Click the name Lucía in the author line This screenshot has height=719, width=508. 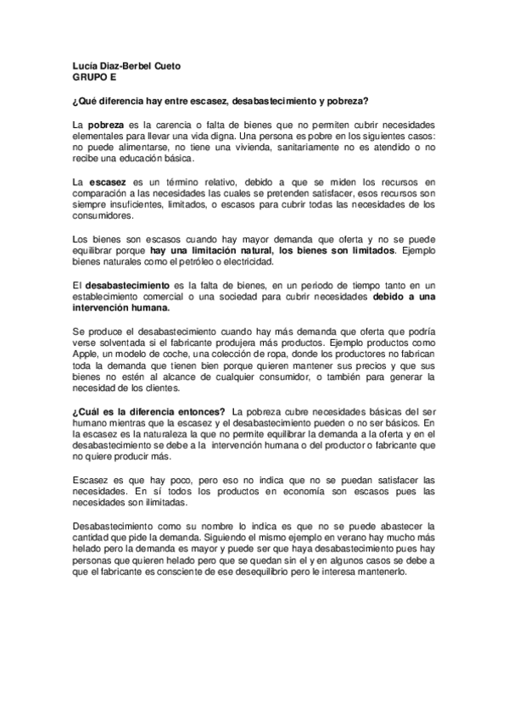pos(86,65)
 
